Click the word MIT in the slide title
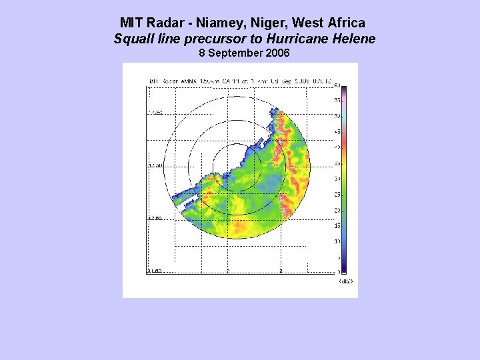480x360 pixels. coord(132,23)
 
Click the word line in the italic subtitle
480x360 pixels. coord(169,39)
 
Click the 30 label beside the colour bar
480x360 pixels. coord(337,179)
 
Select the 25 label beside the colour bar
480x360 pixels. coord(337,195)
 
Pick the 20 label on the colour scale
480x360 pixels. coord(337,210)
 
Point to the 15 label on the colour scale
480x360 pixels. coord(337,226)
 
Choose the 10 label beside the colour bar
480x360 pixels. coord(337,241)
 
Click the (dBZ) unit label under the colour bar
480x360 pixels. coord(345,281)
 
